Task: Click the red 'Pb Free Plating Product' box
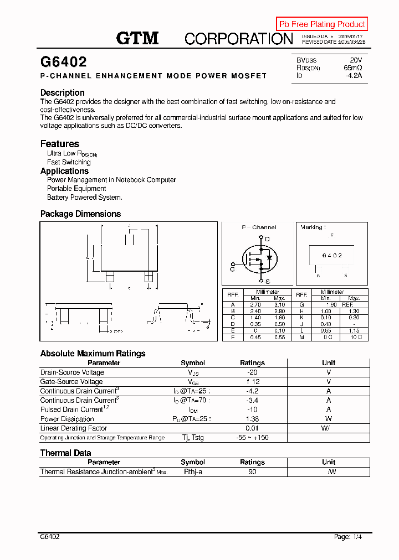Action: [322, 24]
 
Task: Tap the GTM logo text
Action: [137, 38]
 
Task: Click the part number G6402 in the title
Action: [63, 62]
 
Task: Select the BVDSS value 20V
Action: [356, 60]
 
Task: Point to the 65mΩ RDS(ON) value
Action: [353, 68]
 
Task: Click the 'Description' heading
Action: [63, 92]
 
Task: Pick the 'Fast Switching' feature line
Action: [69, 162]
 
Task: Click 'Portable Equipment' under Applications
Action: [76, 189]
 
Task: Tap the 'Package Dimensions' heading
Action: [80, 214]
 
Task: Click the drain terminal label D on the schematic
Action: [267, 239]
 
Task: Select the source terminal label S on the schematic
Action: [267, 281]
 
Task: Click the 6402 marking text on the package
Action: [332, 256]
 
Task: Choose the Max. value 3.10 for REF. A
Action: [279, 304]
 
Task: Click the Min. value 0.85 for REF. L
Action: [326, 331]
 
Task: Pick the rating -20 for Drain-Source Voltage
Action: [252, 372]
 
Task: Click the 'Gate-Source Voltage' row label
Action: [71, 382]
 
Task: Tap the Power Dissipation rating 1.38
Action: [252, 419]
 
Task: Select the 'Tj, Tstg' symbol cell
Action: [193, 438]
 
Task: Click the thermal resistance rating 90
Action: [252, 472]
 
